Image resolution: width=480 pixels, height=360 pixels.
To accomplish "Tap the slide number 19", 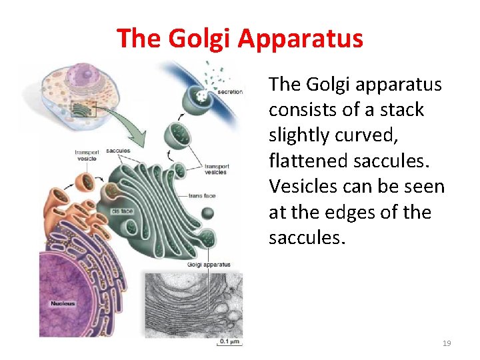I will tap(447, 343).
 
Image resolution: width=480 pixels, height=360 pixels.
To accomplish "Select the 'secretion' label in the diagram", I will tap(230, 92).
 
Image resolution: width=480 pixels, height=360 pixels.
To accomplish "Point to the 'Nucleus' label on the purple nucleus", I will tap(63, 304).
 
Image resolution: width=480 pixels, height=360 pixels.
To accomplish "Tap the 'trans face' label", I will tap(202, 195).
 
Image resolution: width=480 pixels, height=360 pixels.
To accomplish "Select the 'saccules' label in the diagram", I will tap(117, 151).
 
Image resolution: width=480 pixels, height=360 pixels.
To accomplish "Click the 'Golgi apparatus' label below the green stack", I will tap(210, 265).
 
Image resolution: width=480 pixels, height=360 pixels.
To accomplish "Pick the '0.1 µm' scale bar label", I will tap(229, 342).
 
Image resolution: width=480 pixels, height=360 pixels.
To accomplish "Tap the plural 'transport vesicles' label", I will tap(217, 169).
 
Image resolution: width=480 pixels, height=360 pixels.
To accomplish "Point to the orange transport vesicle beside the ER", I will tap(85, 181).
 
